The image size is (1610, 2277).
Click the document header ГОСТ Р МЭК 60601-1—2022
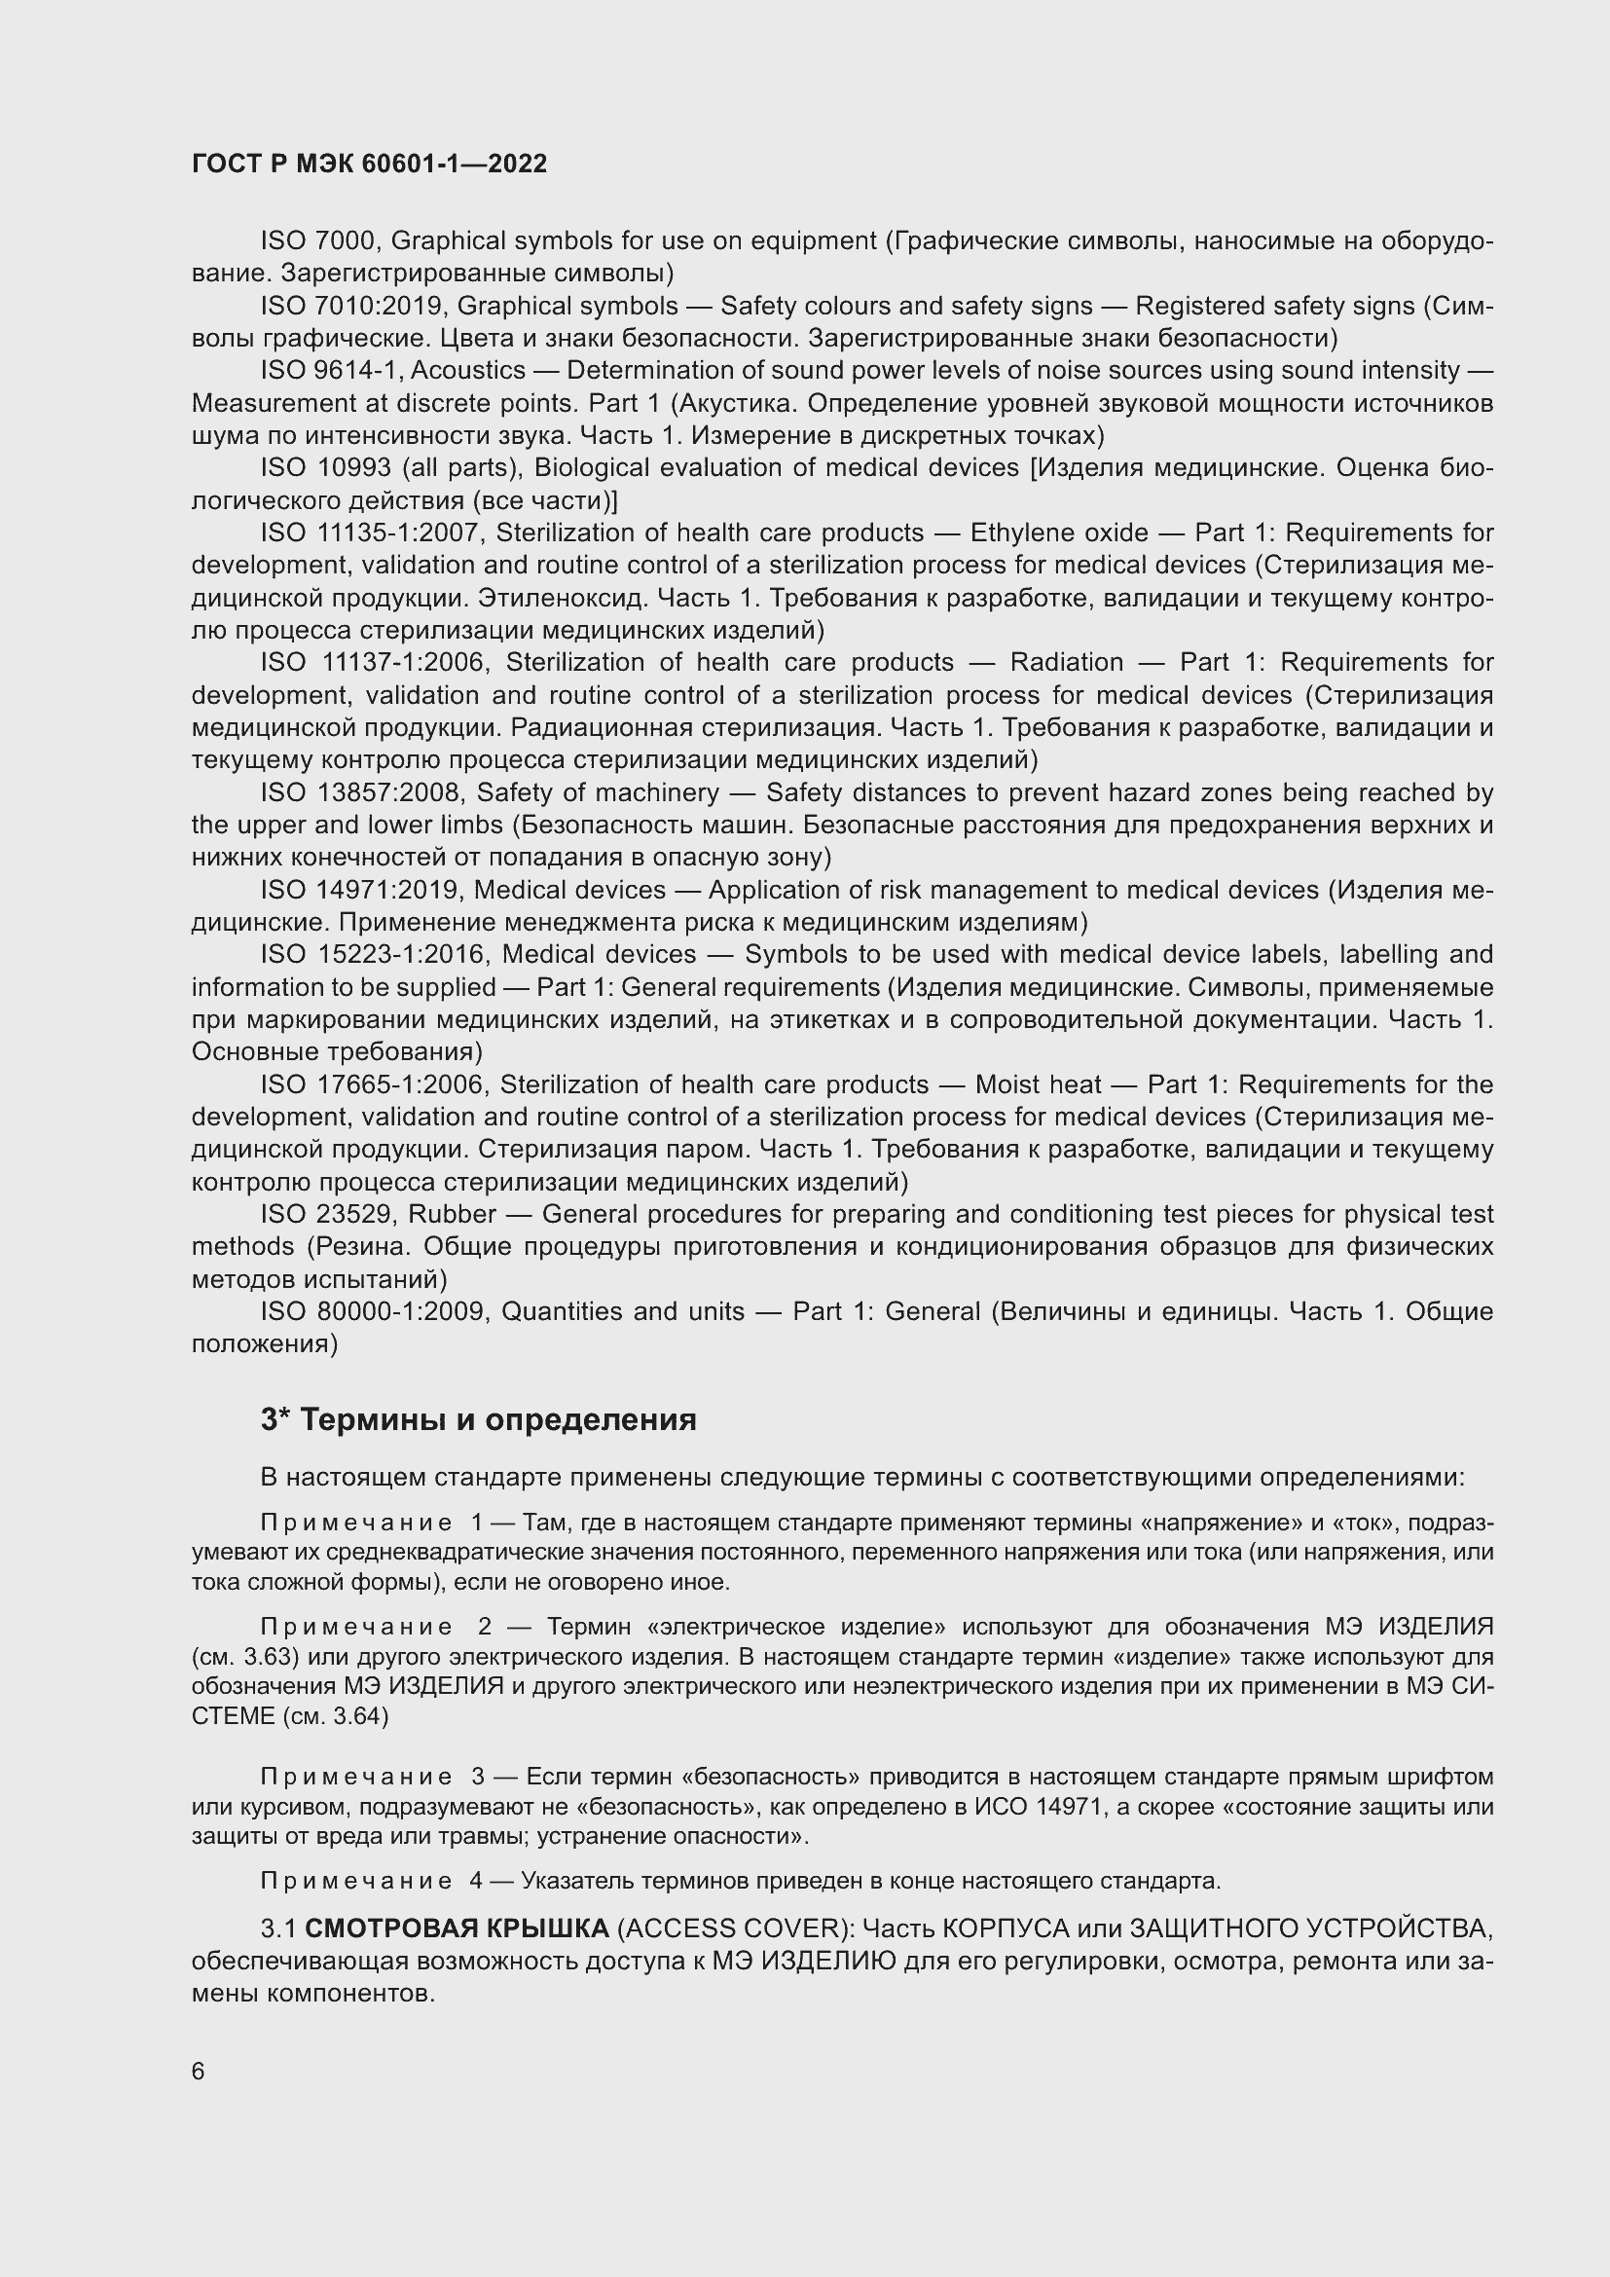369,165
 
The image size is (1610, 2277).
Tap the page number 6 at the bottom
199,2071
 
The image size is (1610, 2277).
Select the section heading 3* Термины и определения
478,1419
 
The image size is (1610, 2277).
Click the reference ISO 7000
318,241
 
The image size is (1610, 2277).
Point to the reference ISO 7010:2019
351,306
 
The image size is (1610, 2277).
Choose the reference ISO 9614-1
330,371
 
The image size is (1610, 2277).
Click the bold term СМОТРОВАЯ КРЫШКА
457,1928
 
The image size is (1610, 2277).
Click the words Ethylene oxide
1059,533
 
